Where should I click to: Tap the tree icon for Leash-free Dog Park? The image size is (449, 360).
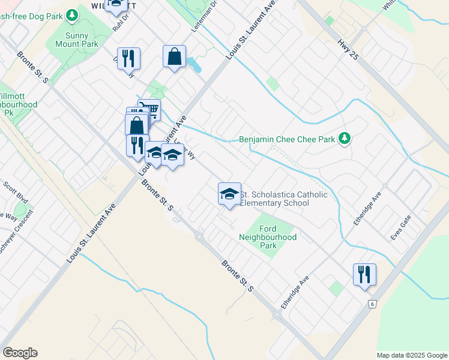coord(72,13)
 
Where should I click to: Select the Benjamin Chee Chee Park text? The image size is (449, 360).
coord(287,139)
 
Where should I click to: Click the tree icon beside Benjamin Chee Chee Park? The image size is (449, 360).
coord(344,139)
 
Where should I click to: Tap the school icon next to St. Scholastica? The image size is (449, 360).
coord(229,193)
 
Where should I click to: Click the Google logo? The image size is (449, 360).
coord(20,353)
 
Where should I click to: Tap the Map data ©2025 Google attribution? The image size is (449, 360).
coord(411,355)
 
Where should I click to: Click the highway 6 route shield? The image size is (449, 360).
coord(372,304)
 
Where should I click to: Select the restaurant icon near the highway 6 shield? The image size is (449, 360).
coord(364,274)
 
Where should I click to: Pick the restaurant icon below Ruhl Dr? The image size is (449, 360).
coord(128,58)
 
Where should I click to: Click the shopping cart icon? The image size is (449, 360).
coord(149,109)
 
